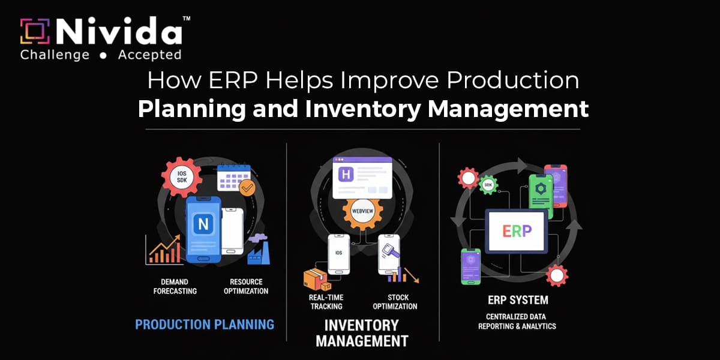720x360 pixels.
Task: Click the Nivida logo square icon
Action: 35,31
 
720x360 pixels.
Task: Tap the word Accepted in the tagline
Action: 149,55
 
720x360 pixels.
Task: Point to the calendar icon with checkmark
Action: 233,179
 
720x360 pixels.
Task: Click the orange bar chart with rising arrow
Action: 164,250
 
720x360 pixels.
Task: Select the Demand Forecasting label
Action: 175,286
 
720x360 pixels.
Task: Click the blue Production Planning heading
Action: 205,325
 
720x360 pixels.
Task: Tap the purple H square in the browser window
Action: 347,175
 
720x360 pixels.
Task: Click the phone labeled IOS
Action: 338,253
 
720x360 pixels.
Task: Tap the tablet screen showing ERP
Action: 516,231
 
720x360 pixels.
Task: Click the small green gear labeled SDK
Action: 488,184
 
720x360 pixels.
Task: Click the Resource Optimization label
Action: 245,286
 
